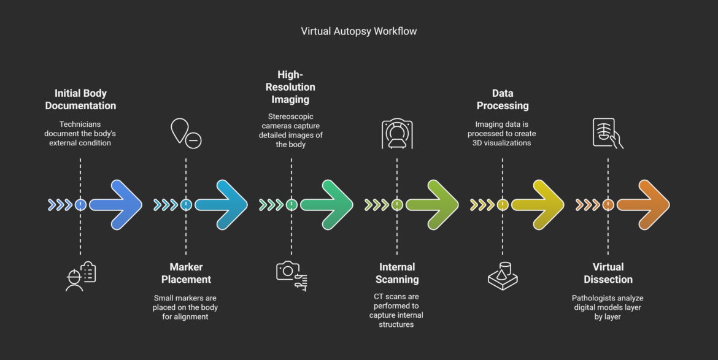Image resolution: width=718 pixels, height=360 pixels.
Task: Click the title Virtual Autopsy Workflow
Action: click(358, 31)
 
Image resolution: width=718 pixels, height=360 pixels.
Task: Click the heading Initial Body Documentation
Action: click(80, 99)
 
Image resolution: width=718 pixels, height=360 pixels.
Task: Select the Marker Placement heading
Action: click(186, 273)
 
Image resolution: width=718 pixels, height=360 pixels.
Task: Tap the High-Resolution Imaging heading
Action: click(291, 87)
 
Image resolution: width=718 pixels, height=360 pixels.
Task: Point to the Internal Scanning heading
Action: click(397, 273)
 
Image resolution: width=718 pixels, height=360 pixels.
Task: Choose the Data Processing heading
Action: click(503, 99)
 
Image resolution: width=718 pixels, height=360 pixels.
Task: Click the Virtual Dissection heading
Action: click(608, 273)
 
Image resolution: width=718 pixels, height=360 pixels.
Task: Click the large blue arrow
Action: click(117, 205)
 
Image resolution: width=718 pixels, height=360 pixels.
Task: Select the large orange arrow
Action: click(644, 205)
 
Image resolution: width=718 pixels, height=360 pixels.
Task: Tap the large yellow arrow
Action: click(538, 205)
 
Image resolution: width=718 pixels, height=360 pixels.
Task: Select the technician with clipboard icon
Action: click(80, 276)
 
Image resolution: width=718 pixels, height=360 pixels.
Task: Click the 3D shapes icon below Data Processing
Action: click(503, 275)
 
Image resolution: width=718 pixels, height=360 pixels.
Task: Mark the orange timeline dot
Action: click(608, 205)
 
